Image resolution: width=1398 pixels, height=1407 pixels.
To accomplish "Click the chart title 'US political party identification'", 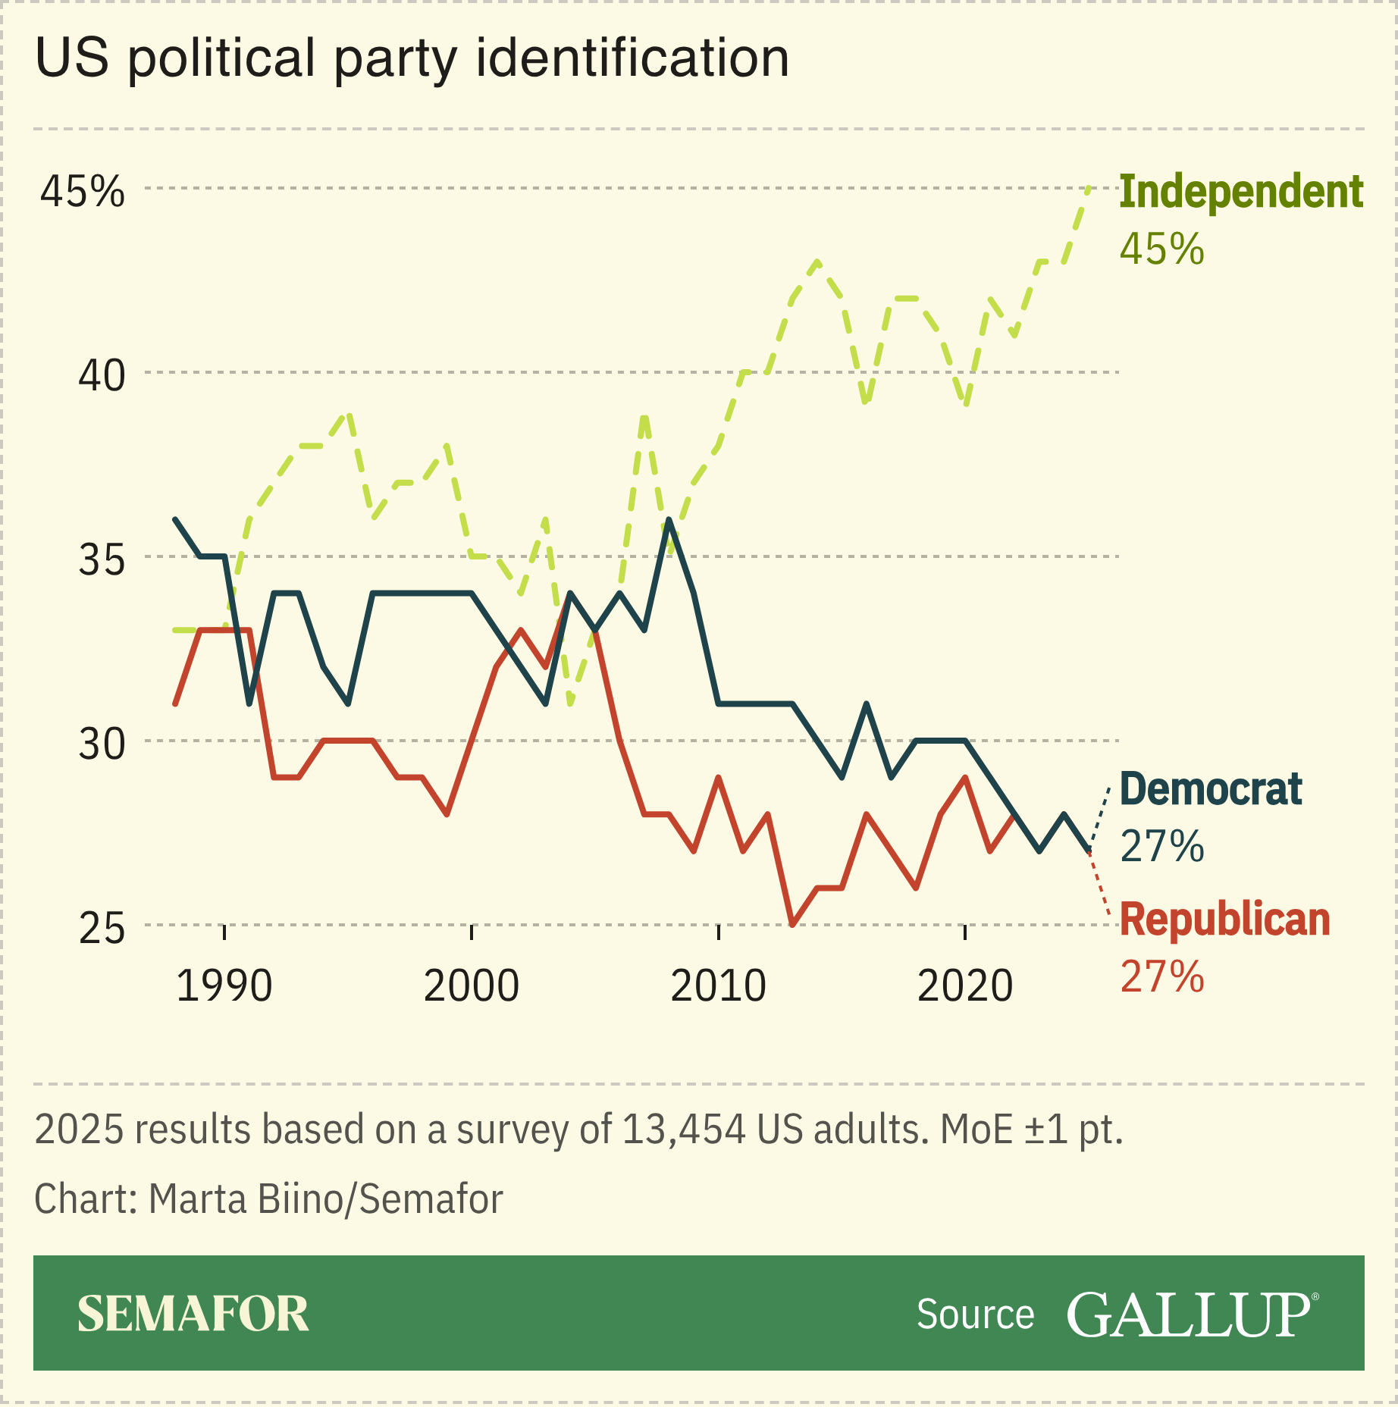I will (412, 58).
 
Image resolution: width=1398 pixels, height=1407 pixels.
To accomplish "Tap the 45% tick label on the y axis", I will (82, 191).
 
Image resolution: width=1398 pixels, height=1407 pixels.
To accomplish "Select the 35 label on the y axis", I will (102, 560).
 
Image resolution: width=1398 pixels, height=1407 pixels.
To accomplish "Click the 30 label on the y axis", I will (102, 744).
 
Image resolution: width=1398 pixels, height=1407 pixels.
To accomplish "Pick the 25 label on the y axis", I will (102, 929).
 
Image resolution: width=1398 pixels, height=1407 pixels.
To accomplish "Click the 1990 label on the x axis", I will (224, 986).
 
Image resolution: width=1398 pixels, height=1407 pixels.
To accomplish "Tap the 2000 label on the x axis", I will (471, 986).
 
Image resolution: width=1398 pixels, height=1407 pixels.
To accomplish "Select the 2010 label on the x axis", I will (718, 986).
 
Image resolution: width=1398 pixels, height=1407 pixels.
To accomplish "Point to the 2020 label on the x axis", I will (965, 986).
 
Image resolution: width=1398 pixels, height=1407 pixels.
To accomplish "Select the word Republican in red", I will (1224, 920).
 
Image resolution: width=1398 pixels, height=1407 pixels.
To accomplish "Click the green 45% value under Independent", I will (1161, 249).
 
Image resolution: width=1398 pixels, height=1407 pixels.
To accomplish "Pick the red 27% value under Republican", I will (1161, 976).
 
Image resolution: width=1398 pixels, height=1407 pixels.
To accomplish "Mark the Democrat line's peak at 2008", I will (669, 520).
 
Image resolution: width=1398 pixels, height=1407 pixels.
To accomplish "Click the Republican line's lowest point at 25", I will (792, 924).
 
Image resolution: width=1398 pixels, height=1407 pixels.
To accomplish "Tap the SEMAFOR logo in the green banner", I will (193, 1314).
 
